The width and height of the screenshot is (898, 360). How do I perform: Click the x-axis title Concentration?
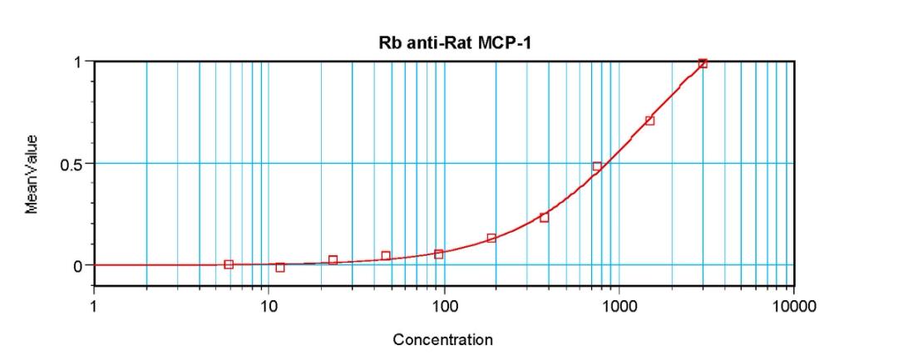tap(442, 339)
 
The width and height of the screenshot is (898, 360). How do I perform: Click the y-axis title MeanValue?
tap(32, 175)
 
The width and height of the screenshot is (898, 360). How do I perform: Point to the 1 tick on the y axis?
tap(78, 62)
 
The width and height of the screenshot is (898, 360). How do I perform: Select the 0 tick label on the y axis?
tap(78, 266)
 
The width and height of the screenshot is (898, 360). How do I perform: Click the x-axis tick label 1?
tap(94, 307)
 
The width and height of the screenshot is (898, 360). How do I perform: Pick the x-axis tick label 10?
tap(269, 307)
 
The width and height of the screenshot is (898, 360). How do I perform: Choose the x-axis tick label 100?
tap(444, 307)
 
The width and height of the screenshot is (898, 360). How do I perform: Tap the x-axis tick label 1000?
tap(619, 307)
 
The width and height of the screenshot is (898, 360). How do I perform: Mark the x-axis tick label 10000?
tap(794, 307)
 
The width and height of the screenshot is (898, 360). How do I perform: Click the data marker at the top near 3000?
tap(703, 63)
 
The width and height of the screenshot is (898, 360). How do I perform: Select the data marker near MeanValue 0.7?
tap(649, 121)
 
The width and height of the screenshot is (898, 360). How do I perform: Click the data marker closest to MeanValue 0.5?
tap(597, 166)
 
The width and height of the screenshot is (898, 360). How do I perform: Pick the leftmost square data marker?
tap(229, 264)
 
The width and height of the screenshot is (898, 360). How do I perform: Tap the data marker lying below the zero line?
tap(280, 268)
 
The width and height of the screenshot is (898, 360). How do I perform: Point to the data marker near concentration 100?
tap(438, 254)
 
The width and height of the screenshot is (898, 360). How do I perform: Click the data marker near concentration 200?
tap(491, 239)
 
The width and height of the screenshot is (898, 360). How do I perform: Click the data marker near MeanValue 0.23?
tap(544, 218)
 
